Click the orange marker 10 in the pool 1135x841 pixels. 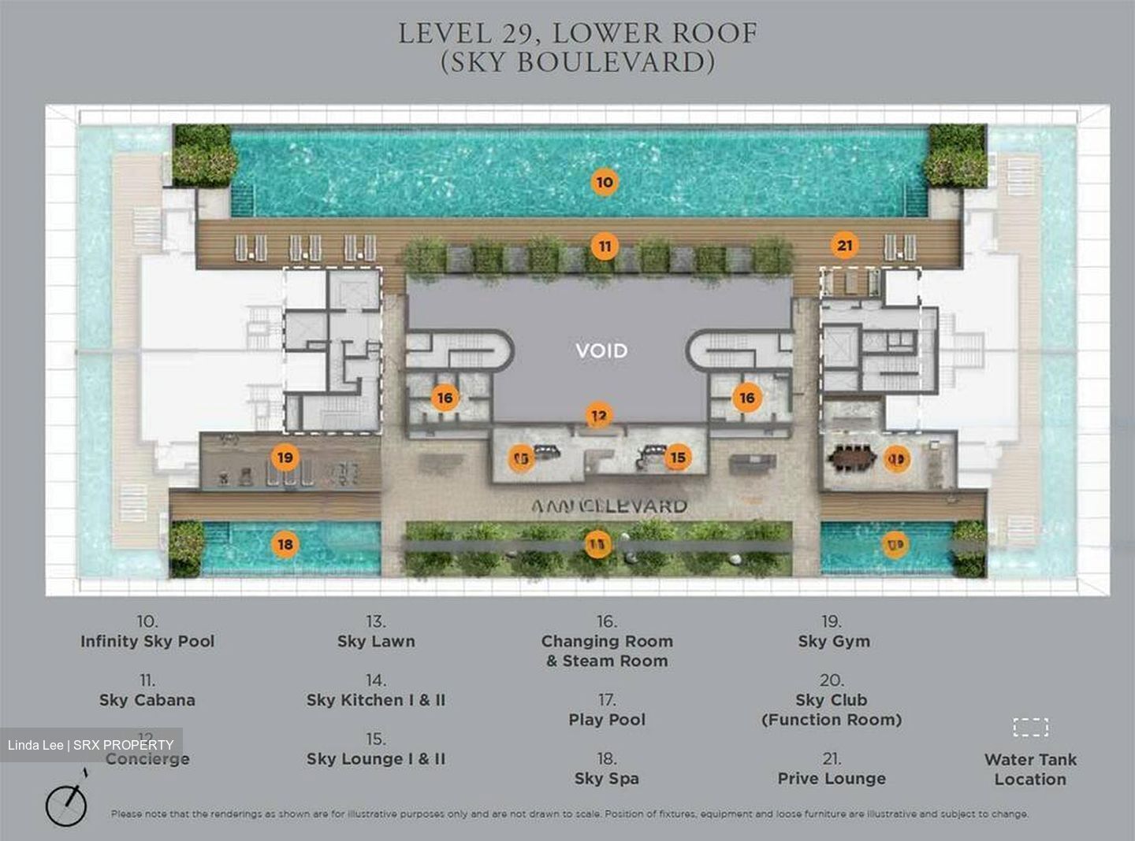pos(604,182)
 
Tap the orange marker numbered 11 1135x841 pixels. pos(604,246)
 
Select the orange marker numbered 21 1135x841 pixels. pos(844,246)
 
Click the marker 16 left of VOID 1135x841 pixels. pos(445,398)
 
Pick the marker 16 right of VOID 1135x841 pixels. pos(746,398)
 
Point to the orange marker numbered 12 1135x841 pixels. pos(599,416)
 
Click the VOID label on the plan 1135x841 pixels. pos(601,350)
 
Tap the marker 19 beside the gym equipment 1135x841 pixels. pos(285,457)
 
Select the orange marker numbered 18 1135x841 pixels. pos(285,544)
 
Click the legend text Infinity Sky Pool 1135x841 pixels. pos(147,641)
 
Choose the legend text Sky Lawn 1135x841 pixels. pos(376,641)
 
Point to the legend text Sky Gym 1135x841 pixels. pos(833,641)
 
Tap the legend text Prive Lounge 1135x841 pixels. pos(832,779)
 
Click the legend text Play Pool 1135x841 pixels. pos(606,720)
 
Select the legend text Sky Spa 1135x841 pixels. pos(606,779)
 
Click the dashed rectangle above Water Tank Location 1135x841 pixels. pos(1029,726)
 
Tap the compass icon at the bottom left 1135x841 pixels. pos(66,804)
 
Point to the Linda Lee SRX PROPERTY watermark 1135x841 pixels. pos(91,745)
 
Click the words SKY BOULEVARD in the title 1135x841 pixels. pos(577,62)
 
